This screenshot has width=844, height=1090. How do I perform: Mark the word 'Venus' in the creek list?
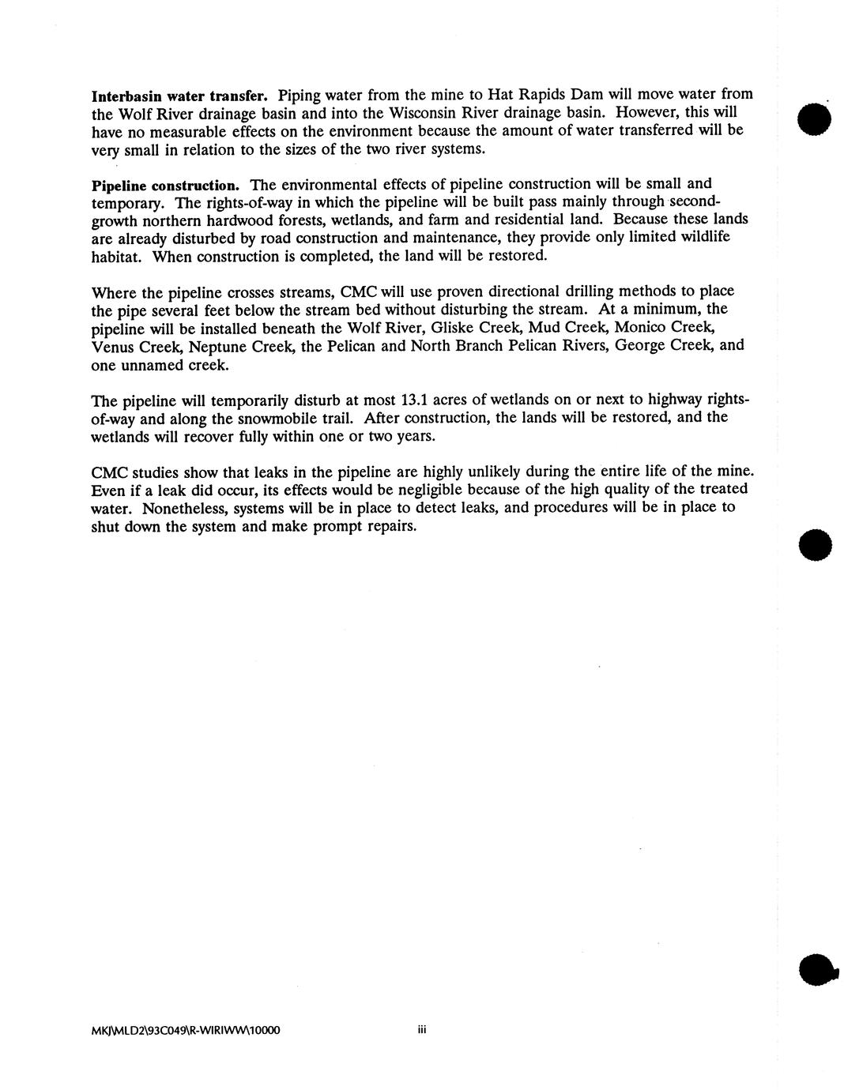(111, 346)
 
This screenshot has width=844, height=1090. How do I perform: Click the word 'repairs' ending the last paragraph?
(385, 526)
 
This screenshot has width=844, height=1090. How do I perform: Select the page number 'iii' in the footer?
(422, 1030)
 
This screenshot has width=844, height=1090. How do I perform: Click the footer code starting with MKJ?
(186, 1031)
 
